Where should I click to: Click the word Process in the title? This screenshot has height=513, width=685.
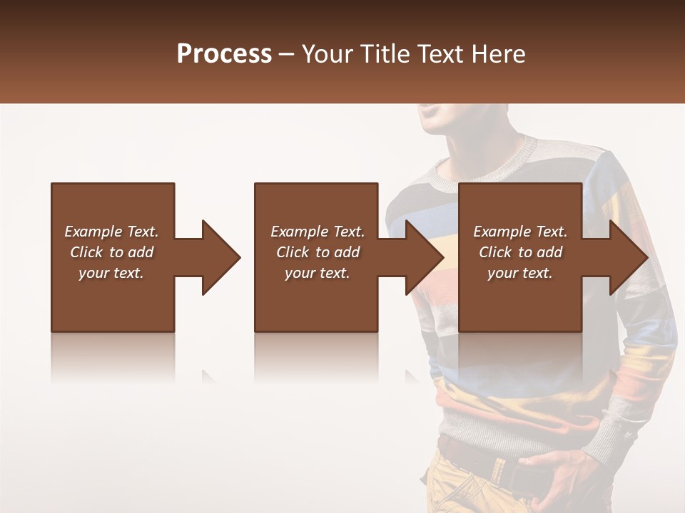(224, 54)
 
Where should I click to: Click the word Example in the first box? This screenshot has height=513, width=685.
(93, 232)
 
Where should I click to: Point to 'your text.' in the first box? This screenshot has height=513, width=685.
(111, 273)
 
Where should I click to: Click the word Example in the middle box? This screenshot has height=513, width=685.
(300, 232)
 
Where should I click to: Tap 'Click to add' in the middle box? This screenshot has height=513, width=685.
(318, 252)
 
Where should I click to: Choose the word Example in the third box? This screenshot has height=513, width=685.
(502, 232)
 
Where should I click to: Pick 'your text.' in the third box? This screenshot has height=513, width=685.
(520, 273)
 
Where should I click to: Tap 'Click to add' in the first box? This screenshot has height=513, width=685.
(111, 252)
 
